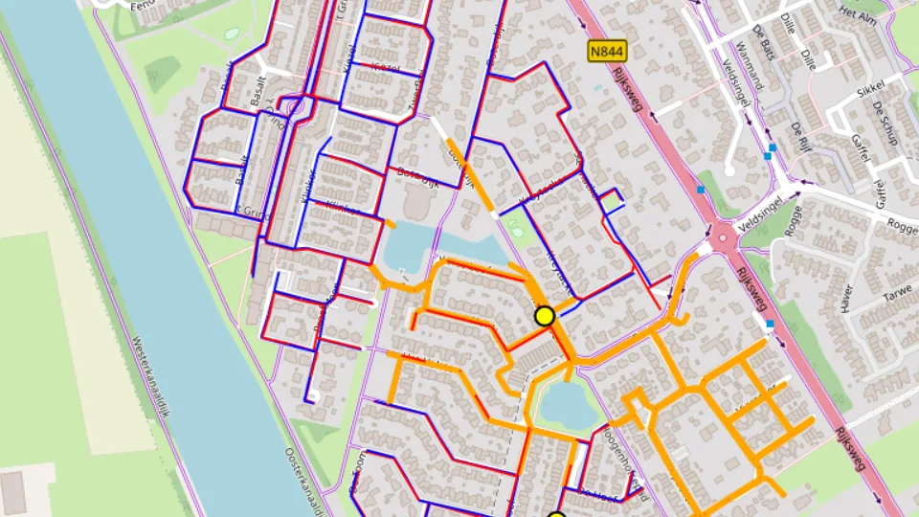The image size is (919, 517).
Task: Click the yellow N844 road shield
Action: [607, 51]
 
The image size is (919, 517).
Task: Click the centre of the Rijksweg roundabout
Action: [723, 236]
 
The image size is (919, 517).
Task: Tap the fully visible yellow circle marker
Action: [545, 316]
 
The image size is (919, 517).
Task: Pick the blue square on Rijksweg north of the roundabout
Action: [701, 190]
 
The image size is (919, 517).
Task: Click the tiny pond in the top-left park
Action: [232, 34]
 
